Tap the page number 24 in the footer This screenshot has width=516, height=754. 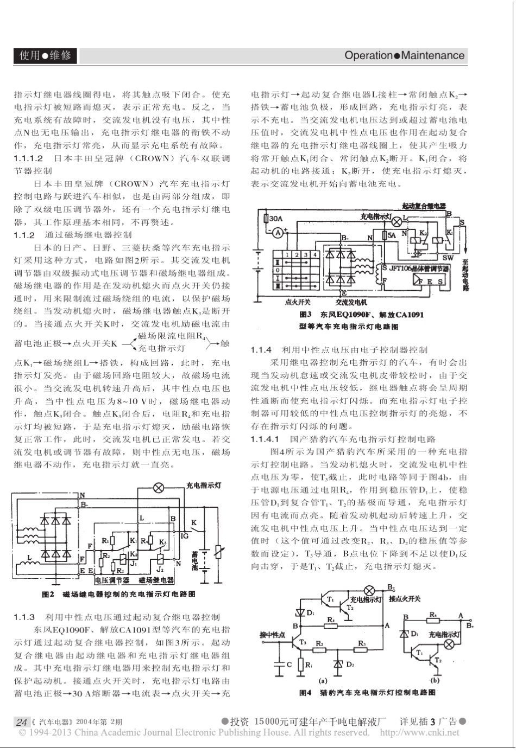click(x=22, y=722)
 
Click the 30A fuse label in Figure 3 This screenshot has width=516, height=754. click(x=275, y=219)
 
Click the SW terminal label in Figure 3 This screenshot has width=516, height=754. click(x=448, y=257)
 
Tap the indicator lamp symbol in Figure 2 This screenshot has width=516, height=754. click(x=159, y=488)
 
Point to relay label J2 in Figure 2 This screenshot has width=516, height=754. click(x=160, y=570)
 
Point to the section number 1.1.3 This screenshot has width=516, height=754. click(x=24, y=617)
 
